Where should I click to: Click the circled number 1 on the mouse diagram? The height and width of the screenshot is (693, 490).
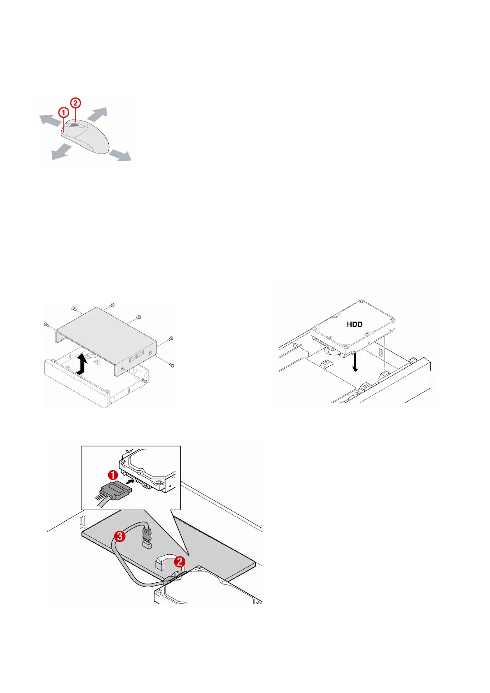coord(63,112)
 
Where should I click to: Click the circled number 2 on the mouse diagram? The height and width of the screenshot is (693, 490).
coord(75,103)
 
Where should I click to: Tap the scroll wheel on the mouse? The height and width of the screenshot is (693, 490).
coord(75,125)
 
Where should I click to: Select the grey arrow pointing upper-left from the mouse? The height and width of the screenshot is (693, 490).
coord(49,121)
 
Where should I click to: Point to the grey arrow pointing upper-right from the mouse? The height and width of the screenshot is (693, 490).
coord(98,114)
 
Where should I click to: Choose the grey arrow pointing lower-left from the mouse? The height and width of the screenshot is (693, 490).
coord(60,152)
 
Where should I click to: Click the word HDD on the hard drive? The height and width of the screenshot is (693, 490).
coord(355,324)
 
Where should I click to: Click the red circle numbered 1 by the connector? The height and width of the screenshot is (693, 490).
coord(113,476)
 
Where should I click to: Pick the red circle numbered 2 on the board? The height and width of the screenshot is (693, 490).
coord(180,562)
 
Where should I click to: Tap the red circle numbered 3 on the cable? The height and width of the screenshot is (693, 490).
coord(119,536)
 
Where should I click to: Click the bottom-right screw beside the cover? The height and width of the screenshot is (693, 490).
coord(173,365)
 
